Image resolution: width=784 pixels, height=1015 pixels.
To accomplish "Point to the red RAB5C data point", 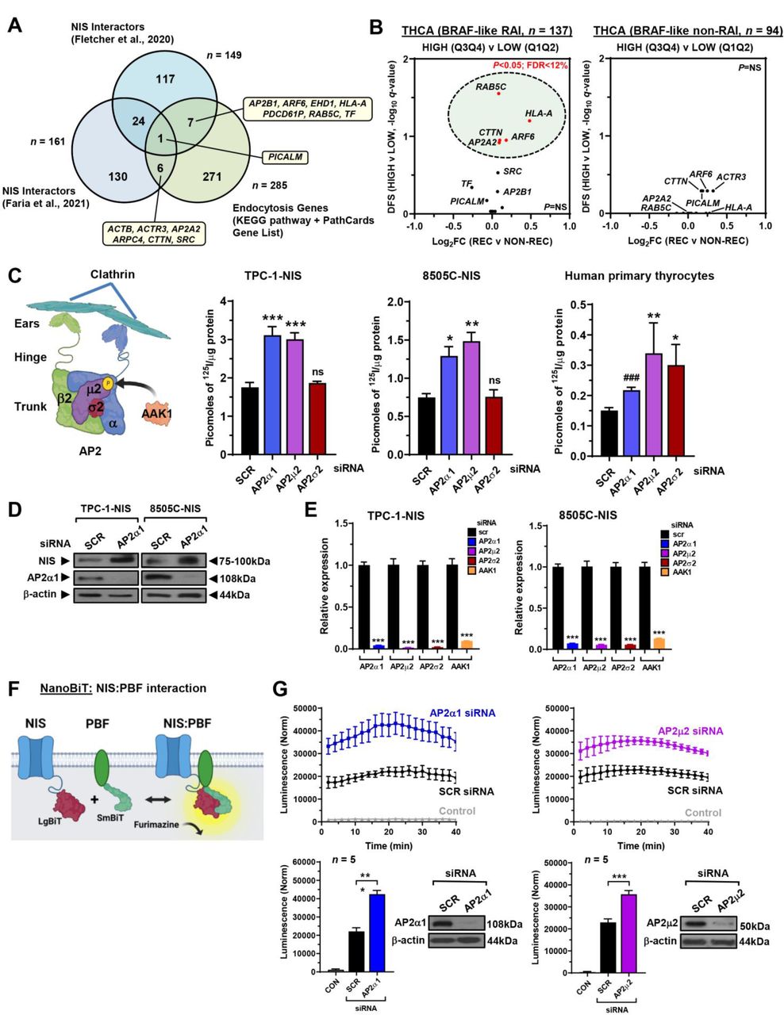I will pos(498,94).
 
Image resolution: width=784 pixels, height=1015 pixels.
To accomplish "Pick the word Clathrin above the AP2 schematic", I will pos(112,274).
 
